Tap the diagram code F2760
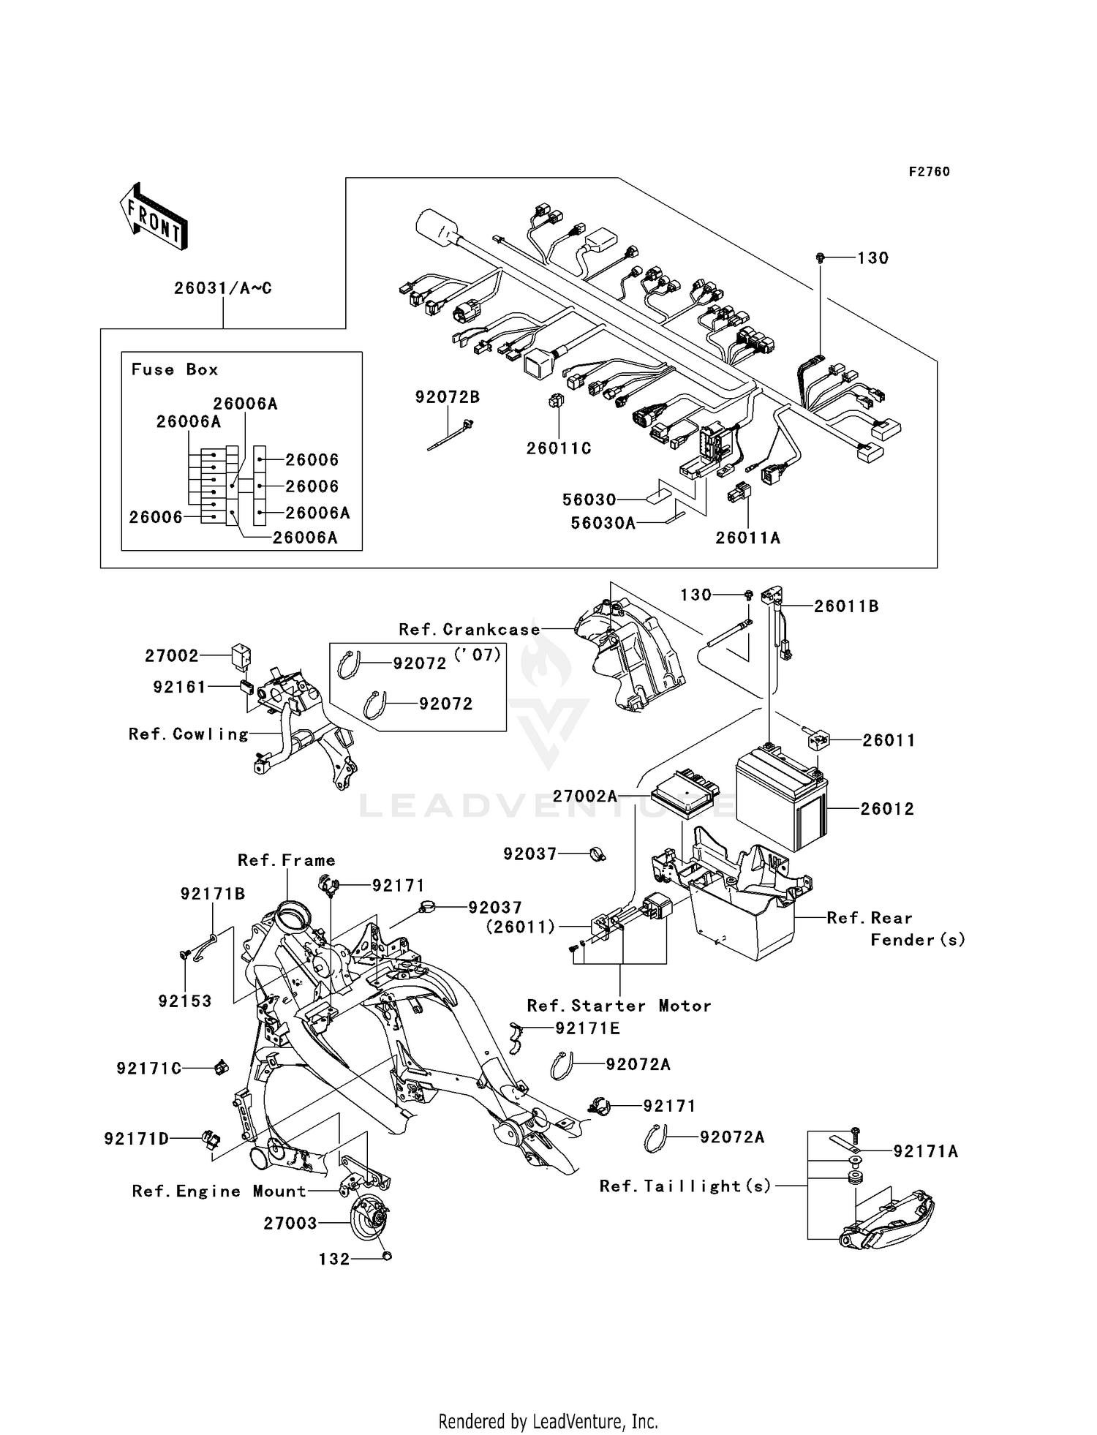click(929, 172)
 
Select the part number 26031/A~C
click(222, 288)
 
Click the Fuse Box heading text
click(175, 370)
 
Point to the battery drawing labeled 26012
click(781, 799)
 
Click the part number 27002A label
click(585, 796)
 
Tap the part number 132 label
click(334, 1259)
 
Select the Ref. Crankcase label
click(469, 630)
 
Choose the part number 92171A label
click(925, 1152)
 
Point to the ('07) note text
click(478, 655)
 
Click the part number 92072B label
click(448, 397)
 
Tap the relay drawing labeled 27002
click(241, 655)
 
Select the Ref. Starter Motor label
click(619, 1006)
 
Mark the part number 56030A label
click(603, 523)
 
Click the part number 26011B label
click(846, 606)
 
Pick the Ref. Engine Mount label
click(219, 1191)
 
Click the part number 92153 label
click(185, 1001)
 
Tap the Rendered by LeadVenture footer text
click(548, 1421)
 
